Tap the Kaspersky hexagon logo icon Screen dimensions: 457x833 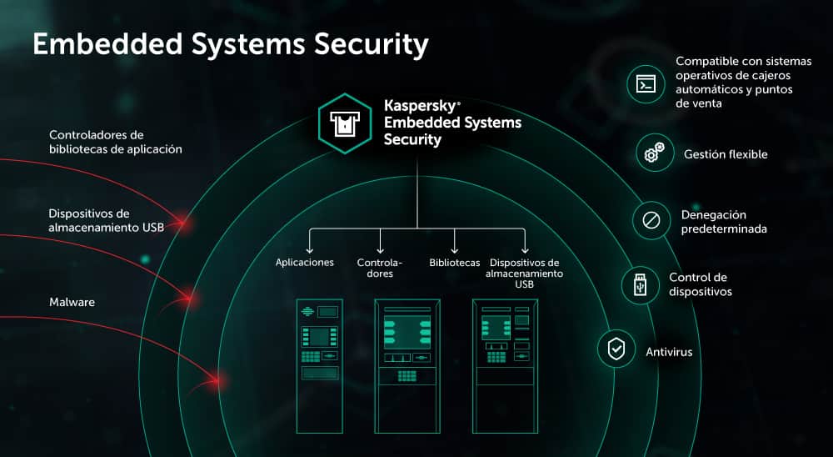click(344, 123)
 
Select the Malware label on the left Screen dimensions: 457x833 click(72, 302)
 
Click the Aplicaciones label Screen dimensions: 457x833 click(305, 263)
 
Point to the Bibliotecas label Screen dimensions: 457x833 click(455, 263)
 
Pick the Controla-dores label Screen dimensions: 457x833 click(380, 268)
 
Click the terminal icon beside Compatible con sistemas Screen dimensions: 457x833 click(645, 84)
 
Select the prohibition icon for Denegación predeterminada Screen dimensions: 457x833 click(651, 221)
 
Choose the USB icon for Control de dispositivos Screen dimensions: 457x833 click(640, 284)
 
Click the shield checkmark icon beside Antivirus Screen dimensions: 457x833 click(616, 349)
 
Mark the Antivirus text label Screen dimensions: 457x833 click(669, 352)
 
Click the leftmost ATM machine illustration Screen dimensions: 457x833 click(320, 364)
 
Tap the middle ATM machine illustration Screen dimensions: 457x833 click(407, 364)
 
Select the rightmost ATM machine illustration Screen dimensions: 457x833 click(503, 364)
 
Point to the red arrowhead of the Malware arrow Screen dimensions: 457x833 click(220, 381)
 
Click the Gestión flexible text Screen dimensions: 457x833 click(726, 154)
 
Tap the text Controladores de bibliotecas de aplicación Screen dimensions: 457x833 click(115, 142)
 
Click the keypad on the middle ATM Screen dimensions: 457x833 click(407, 375)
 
